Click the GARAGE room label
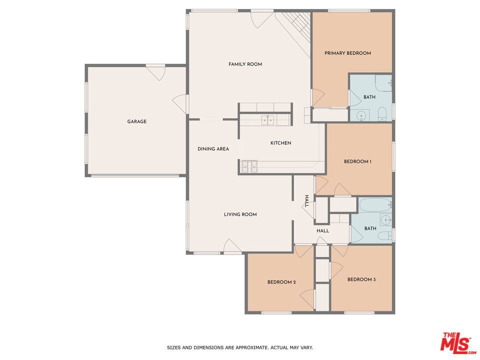137,121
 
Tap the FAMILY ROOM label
245,64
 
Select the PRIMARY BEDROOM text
348,53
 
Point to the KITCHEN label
280,143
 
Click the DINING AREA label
213,149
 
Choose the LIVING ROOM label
240,214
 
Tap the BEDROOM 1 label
357,161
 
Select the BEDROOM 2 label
281,282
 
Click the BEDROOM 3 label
361,279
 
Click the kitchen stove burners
249,166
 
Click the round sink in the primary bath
361,116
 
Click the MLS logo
457,342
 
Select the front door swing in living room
232,246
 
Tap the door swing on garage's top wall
155,73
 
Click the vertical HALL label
306,201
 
